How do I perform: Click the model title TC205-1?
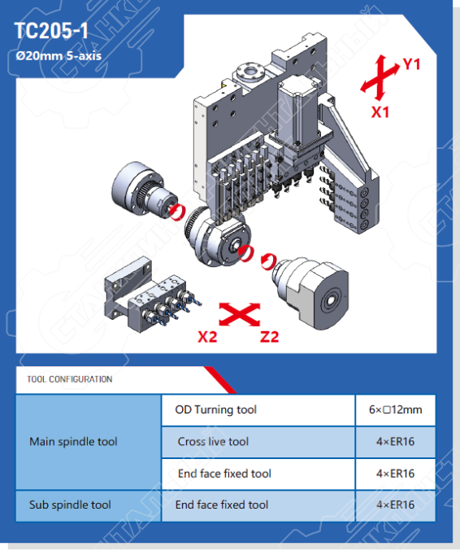[51, 31]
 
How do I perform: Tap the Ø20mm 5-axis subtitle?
[59, 56]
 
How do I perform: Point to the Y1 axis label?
[411, 64]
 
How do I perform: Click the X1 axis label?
[380, 112]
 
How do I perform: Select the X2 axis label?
[207, 337]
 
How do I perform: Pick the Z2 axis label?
[270, 337]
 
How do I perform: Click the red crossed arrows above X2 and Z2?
[240, 314]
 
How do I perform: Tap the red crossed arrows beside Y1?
[380, 77]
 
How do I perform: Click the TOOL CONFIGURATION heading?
[70, 379]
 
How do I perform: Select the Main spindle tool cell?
[73, 442]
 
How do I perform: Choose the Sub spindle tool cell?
[70, 505]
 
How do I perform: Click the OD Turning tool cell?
[258, 409]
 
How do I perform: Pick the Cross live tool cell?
[258, 442]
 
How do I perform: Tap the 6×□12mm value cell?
[396, 409]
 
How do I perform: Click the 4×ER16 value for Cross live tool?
[396, 442]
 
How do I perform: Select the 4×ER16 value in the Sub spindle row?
[396, 505]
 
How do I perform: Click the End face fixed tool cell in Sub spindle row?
[258, 505]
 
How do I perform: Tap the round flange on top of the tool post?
[250, 72]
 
